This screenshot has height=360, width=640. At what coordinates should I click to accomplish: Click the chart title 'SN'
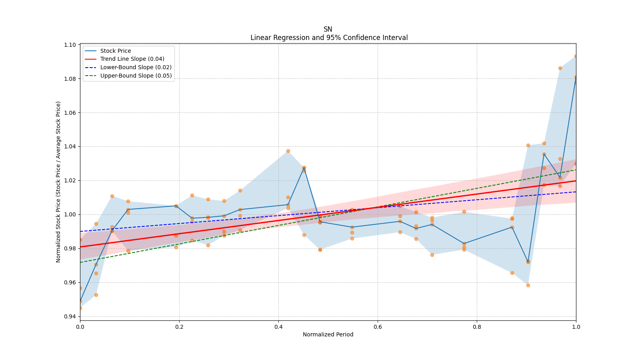(328, 29)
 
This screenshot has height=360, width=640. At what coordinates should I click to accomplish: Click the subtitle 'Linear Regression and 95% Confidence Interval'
(329, 38)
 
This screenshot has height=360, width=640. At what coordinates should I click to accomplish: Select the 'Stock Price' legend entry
(116, 51)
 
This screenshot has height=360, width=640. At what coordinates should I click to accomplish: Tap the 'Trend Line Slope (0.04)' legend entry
(132, 59)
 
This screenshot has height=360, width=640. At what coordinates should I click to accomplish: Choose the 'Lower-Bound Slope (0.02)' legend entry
(136, 67)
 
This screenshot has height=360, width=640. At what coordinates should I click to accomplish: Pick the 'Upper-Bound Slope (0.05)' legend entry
(136, 76)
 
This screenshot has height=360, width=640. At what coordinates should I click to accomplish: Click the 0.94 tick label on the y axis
(70, 317)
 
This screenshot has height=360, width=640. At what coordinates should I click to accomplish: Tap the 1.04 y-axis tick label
(70, 147)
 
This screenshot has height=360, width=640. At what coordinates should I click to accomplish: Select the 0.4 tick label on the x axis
(278, 327)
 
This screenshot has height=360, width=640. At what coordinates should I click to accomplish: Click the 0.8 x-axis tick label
(477, 327)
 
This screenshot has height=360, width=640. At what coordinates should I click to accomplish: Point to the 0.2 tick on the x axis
(179, 327)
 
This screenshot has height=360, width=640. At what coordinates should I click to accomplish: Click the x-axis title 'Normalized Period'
(328, 334)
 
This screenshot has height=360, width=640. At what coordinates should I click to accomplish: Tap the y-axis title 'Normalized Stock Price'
(58, 182)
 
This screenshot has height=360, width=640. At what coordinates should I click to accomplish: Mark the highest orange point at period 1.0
(576, 56)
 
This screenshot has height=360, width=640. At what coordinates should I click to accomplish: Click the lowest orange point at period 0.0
(80, 308)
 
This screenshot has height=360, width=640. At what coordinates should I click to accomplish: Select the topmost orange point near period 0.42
(288, 151)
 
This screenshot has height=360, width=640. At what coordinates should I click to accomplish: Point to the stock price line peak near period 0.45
(304, 168)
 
